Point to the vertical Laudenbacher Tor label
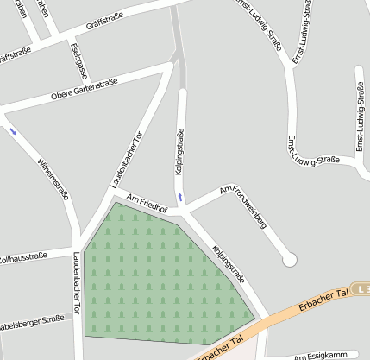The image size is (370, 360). [x=77, y=282]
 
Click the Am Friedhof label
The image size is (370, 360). [x=145, y=202]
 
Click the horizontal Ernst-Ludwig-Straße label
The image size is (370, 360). [x=314, y=161]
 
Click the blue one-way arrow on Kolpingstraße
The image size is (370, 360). [x=179, y=198]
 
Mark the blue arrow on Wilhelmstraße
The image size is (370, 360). [x=13, y=131]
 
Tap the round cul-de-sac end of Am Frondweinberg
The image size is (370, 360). [x=289, y=258]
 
